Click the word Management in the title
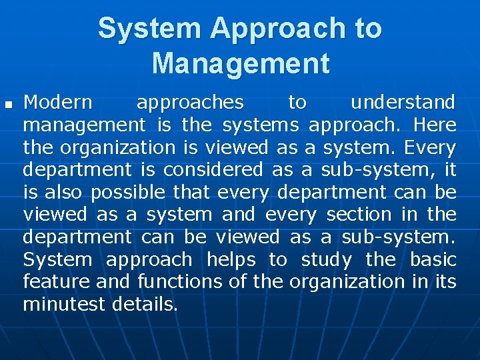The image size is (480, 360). pyautogui.click(x=240, y=63)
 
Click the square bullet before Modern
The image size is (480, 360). pyautogui.click(x=9, y=105)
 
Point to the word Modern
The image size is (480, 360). pyautogui.click(x=58, y=102)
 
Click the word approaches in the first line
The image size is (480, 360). pyautogui.click(x=190, y=102)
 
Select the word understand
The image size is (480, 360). pyautogui.click(x=403, y=102)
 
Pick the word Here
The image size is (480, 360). pyautogui.click(x=435, y=125)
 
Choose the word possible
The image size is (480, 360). pyautogui.click(x=129, y=193)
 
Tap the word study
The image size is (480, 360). pyautogui.click(x=326, y=259)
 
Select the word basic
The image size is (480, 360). pyautogui.click(x=433, y=259)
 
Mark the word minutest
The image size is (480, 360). pyautogui.click(x=64, y=305)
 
